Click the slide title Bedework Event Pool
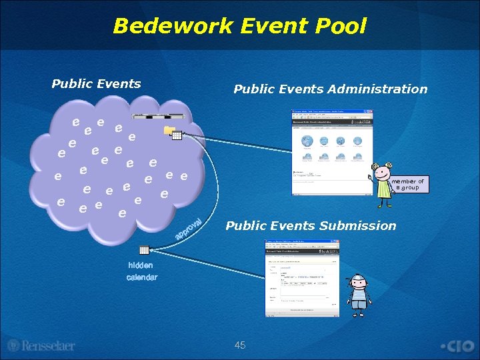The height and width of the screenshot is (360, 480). coord(240,26)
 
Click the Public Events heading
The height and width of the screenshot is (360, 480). coord(96,84)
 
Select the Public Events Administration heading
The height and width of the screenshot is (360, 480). coord(330,89)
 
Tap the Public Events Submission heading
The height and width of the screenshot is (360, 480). coord(311,226)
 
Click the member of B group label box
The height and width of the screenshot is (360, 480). coord(407,185)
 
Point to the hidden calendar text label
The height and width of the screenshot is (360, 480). coord(141,271)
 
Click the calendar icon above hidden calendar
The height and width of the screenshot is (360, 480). coord(143,251)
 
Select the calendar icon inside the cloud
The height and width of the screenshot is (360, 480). coord(177,136)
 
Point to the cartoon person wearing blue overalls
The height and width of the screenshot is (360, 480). coord(359,293)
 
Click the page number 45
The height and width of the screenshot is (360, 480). coord(240,345)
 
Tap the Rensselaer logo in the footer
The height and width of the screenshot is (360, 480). coord(41,346)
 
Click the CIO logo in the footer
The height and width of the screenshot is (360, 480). coord(457,346)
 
